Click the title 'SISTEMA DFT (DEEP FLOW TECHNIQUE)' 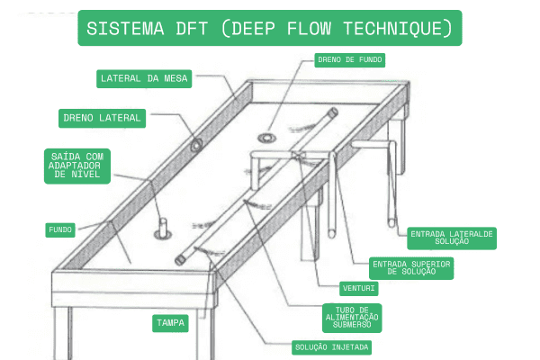pos(270,29)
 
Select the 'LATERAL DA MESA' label pos(144,79)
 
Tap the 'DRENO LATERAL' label pos(102,117)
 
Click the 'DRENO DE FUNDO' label pos(349,60)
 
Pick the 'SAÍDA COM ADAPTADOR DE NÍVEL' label pos(78,166)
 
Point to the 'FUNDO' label pos(60,229)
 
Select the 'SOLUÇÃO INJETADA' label pos(331,346)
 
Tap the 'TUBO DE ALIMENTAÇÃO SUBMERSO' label pos(351,317)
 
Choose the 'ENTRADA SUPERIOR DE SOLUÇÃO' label pos(411,267)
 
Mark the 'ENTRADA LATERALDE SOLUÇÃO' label pos(453,238)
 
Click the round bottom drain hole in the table pos(268,138)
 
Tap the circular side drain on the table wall pos(195,145)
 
